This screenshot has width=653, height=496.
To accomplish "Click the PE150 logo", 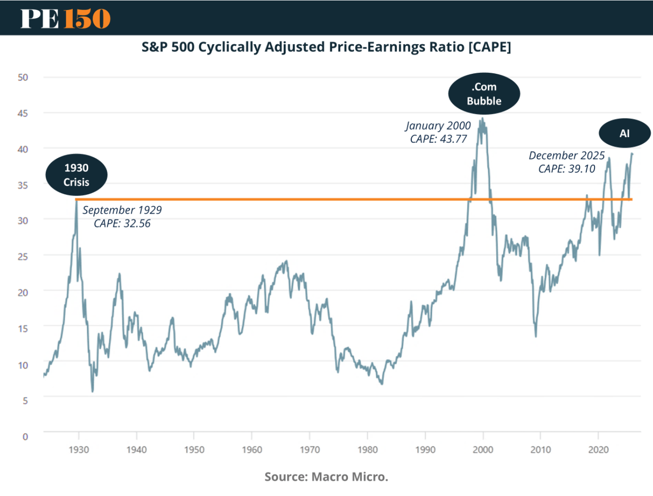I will point(65,19).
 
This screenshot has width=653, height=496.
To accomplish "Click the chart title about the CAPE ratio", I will point(326,47).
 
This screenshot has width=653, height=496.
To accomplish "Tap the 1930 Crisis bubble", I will point(76,175).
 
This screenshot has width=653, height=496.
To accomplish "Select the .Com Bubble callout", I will point(484,94).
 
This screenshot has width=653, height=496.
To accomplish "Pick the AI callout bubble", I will point(624,134).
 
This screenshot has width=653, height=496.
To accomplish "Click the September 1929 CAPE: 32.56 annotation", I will point(122,217).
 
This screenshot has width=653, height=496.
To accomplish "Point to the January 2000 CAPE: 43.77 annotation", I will point(438,132).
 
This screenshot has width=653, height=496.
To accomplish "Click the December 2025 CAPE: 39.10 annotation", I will point(566,162).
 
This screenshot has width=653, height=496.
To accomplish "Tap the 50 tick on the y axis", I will point(23,77).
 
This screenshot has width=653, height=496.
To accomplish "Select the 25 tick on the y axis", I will point(23,257).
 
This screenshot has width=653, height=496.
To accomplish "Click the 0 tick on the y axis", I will point(25,436).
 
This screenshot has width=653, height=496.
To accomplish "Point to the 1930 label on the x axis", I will point(79,450).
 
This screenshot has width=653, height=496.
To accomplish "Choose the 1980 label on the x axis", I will point(367,450).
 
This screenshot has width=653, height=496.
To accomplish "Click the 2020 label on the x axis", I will point(598,450).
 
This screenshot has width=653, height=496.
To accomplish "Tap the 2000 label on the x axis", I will point(483,450).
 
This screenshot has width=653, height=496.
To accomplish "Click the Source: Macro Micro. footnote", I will point(326,477).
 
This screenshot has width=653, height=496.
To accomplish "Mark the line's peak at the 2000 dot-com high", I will point(483,119).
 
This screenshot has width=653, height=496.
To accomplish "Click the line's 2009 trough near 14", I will point(536,336).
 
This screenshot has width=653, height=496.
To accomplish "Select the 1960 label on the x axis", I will point(252,450).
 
